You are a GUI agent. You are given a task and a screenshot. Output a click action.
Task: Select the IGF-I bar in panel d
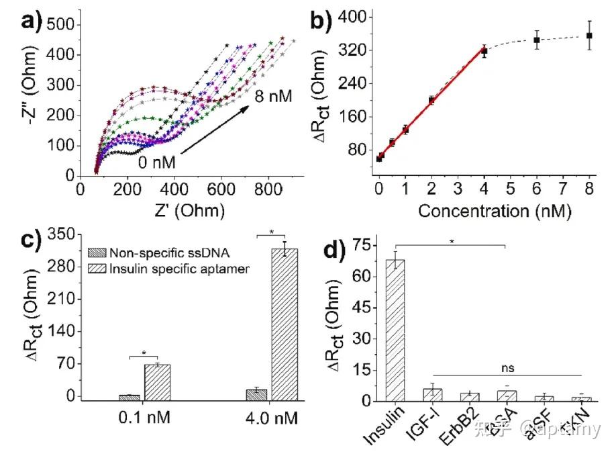pyautogui.click(x=433, y=395)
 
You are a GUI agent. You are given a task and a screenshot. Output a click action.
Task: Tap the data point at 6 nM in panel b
pyautogui.click(x=537, y=40)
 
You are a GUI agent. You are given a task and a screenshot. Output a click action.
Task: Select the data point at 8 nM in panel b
pyautogui.click(x=589, y=36)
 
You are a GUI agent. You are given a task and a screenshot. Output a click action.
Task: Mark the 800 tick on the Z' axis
pyautogui.click(x=268, y=189)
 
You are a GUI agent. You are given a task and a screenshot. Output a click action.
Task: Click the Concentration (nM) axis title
pyautogui.click(x=494, y=211)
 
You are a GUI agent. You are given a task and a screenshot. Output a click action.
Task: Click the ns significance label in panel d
pyautogui.click(x=507, y=368)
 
